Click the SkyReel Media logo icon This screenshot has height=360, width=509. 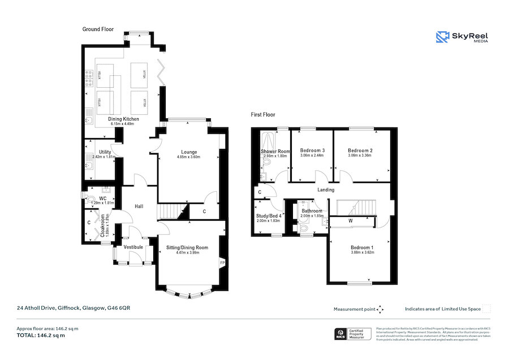tap(442, 37)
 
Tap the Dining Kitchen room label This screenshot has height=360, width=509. tap(123, 119)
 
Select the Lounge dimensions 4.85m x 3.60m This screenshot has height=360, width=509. tap(189, 157)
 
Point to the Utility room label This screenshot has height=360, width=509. tap(105, 152)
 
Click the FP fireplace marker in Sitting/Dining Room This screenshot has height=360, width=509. tap(222, 262)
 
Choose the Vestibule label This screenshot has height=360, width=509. tap(133, 247)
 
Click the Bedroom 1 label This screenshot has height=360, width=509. tap(361, 248)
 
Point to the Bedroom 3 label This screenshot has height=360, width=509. tap(312, 150)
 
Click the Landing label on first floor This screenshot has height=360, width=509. tap(326, 190)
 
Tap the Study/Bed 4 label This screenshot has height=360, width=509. tap(269, 216)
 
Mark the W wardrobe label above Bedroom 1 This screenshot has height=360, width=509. tap(351, 220)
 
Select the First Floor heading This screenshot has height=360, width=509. tap(264, 114)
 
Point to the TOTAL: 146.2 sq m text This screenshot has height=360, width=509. tap(40, 335)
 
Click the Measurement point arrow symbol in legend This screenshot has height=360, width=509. tap(380, 309)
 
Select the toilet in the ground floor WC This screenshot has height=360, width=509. tap(86, 198)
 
